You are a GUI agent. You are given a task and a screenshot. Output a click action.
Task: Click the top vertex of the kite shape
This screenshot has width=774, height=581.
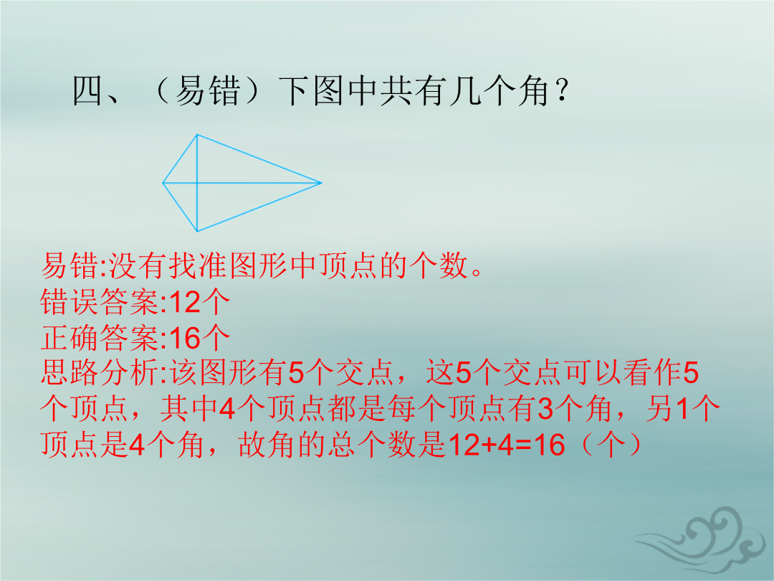[197, 134]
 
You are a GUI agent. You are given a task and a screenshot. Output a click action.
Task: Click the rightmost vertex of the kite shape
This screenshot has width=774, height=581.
[321, 183]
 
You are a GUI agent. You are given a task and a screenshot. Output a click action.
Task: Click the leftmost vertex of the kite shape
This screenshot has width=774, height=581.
[163, 183]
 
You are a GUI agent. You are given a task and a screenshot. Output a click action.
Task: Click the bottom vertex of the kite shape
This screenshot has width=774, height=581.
[197, 231]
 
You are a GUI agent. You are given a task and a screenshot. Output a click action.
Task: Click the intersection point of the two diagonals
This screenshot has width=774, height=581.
[197, 183]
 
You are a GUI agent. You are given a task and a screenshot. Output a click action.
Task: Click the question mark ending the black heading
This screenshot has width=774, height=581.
[561, 90]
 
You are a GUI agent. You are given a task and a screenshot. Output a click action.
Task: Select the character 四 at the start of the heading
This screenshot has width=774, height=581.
[87, 91]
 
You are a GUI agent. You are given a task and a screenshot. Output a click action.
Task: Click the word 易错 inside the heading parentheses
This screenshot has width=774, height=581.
[207, 91]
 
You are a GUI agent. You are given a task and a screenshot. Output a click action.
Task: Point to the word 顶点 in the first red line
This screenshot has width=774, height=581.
[334, 265]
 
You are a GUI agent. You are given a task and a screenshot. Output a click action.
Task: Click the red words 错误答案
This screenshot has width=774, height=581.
[99, 302]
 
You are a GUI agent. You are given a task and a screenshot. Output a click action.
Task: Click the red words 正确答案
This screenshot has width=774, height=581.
[99, 339]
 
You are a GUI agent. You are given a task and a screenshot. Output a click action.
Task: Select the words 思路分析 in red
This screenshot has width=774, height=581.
[99, 372]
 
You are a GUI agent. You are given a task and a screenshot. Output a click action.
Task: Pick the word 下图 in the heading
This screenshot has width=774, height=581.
[311, 91]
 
